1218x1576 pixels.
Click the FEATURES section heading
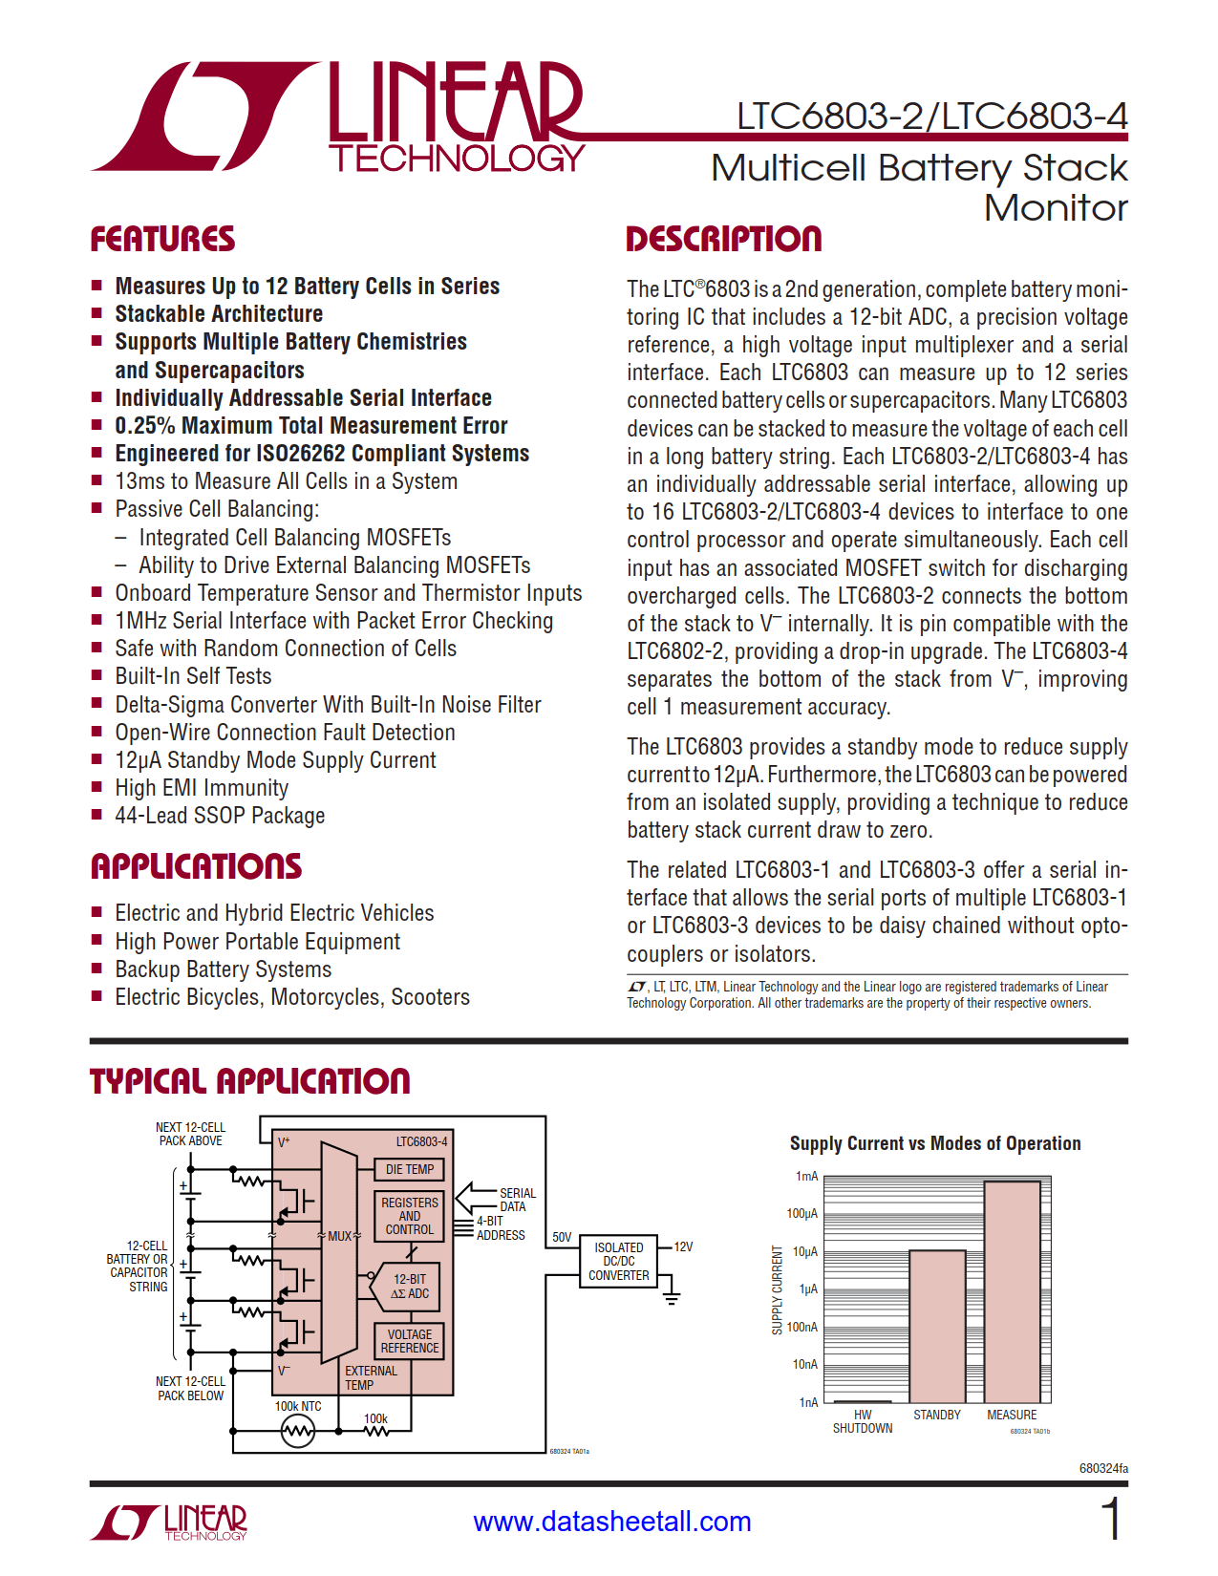pos(162,239)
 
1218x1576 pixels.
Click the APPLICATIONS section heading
pos(196,866)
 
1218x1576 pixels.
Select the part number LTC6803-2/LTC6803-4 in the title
pos(931,117)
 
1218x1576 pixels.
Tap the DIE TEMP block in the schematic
pos(409,1169)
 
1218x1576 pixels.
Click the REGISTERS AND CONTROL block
pos(409,1216)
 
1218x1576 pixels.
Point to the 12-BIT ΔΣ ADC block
pos(409,1286)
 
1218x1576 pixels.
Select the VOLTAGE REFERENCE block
pos(409,1341)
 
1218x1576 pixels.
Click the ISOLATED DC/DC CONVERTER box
pos(618,1261)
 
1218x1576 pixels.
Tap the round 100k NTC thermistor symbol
pos(298,1431)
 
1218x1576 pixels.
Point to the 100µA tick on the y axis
pos(802,1214)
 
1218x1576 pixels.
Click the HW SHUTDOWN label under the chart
pos(863,1421)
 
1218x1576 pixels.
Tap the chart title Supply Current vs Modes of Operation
pos(934,1143)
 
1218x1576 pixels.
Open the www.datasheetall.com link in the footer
pos(612,1522)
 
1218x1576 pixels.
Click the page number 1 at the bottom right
pos(1110,1519)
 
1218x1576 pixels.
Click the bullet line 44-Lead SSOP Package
pos(220,816)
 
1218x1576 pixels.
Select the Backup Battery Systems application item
pos(223,969)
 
